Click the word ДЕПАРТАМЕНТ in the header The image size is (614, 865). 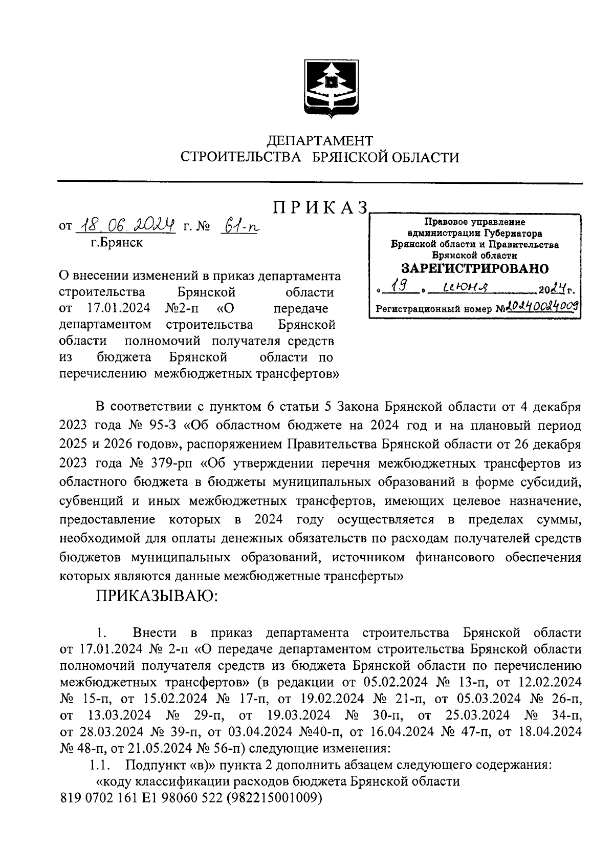click(x=320, y=140)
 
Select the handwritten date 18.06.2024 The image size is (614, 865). click(x=125, y=225)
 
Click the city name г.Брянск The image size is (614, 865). click(x=116, y=242)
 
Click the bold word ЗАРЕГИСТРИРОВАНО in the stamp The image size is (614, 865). click(x=474, y=268)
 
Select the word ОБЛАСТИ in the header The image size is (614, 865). click(x=425, y=157)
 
